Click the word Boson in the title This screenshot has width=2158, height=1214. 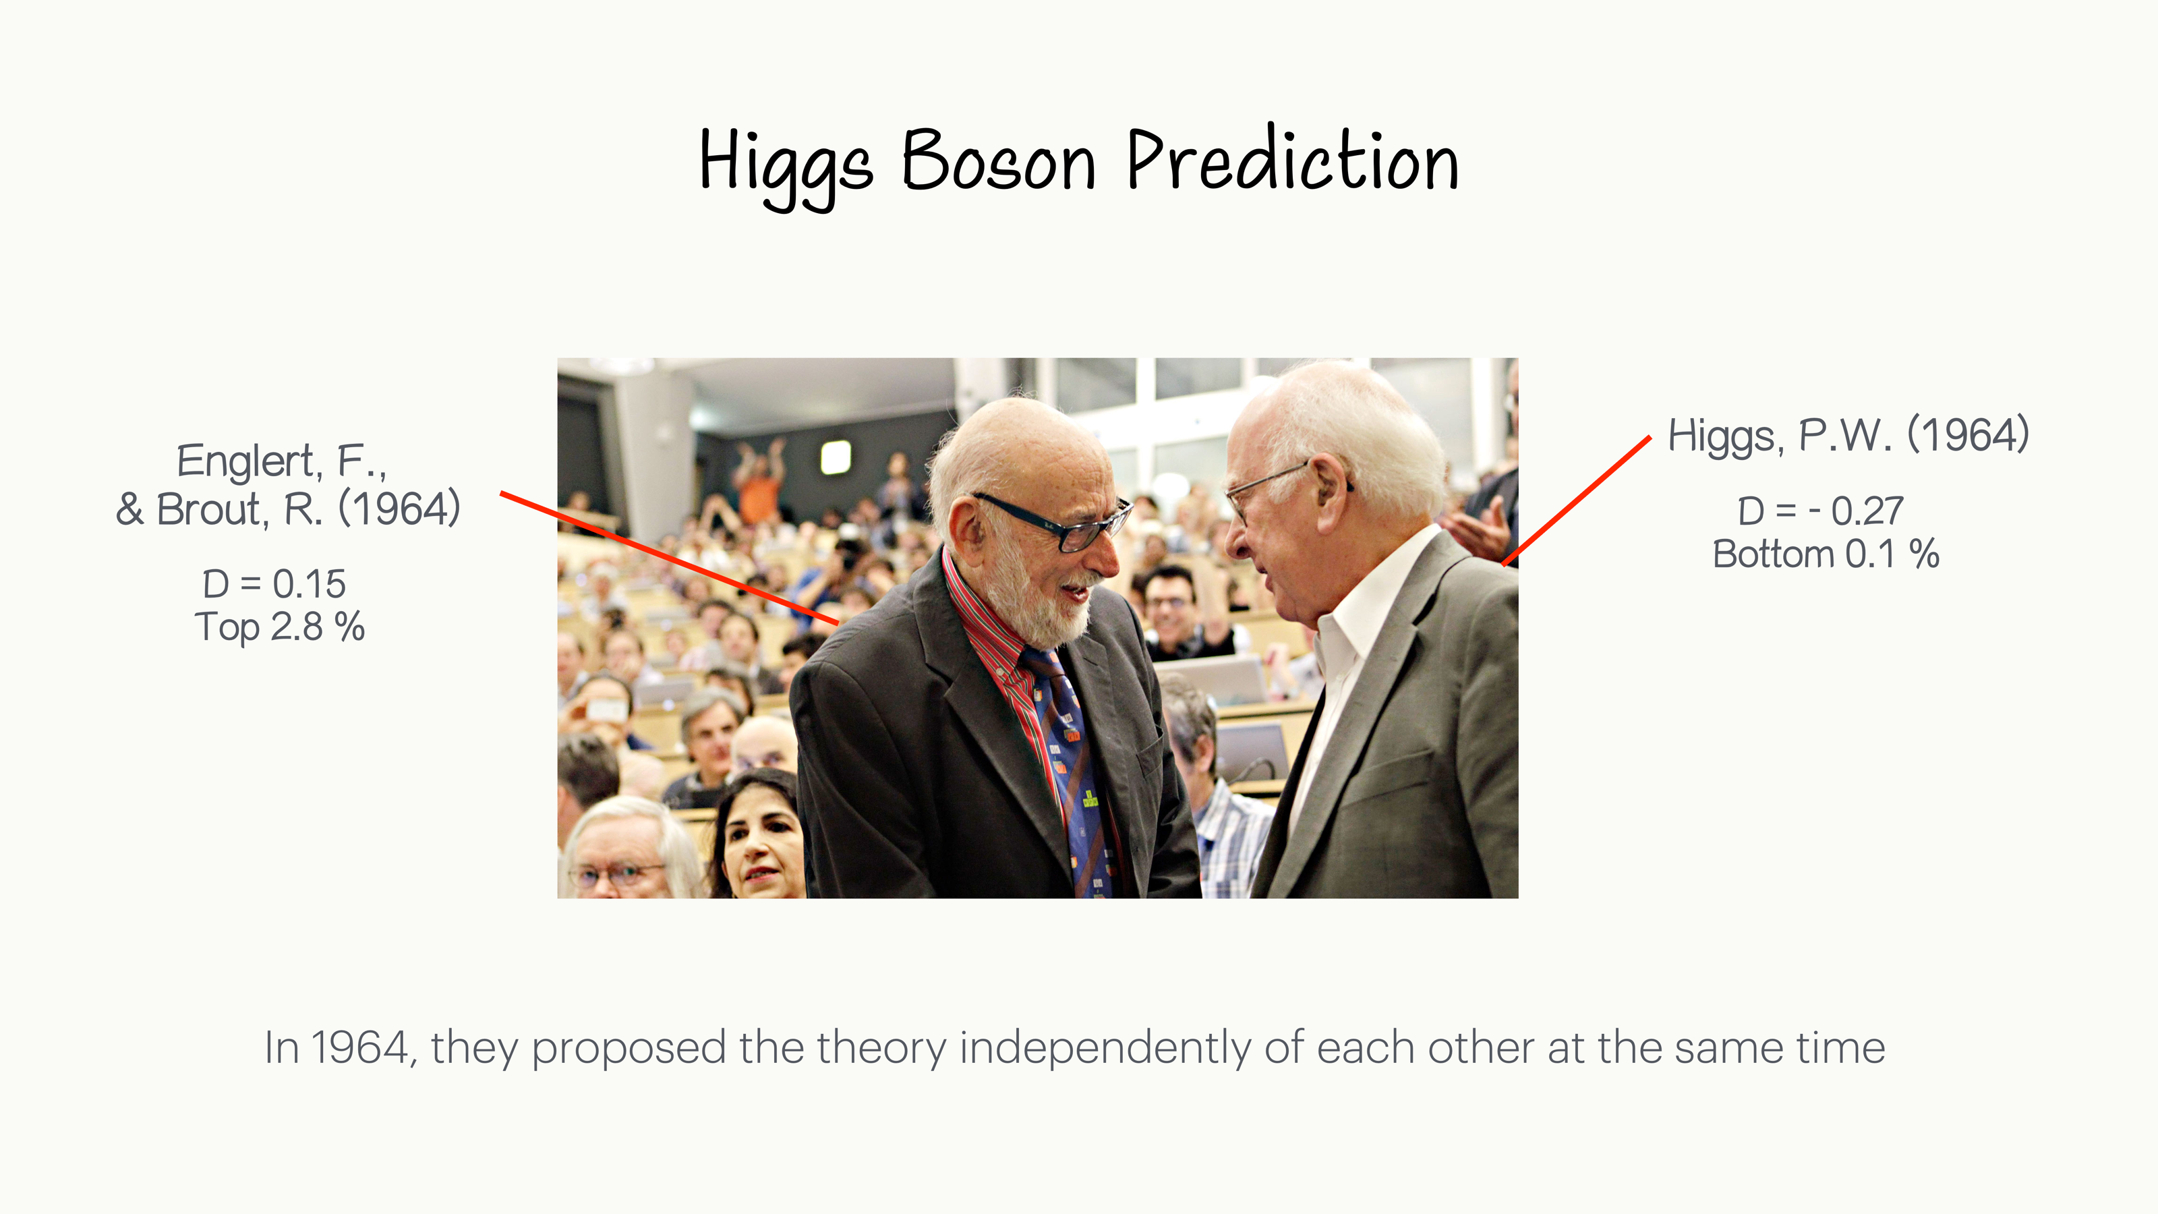[998, 162]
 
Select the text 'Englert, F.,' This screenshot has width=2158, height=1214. [281, 461]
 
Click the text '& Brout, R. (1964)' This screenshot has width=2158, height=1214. [287, 509]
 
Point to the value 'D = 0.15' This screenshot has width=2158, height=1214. [274, 584]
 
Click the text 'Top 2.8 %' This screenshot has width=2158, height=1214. [279, 627]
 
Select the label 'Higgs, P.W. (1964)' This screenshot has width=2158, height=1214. [1847, 435]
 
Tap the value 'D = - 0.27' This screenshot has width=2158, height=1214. [1819, 511]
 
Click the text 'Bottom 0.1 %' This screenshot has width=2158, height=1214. [1826, 554]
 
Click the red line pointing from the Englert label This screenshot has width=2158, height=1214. [670, 559]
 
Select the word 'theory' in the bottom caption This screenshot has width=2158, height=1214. [882, 1047]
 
